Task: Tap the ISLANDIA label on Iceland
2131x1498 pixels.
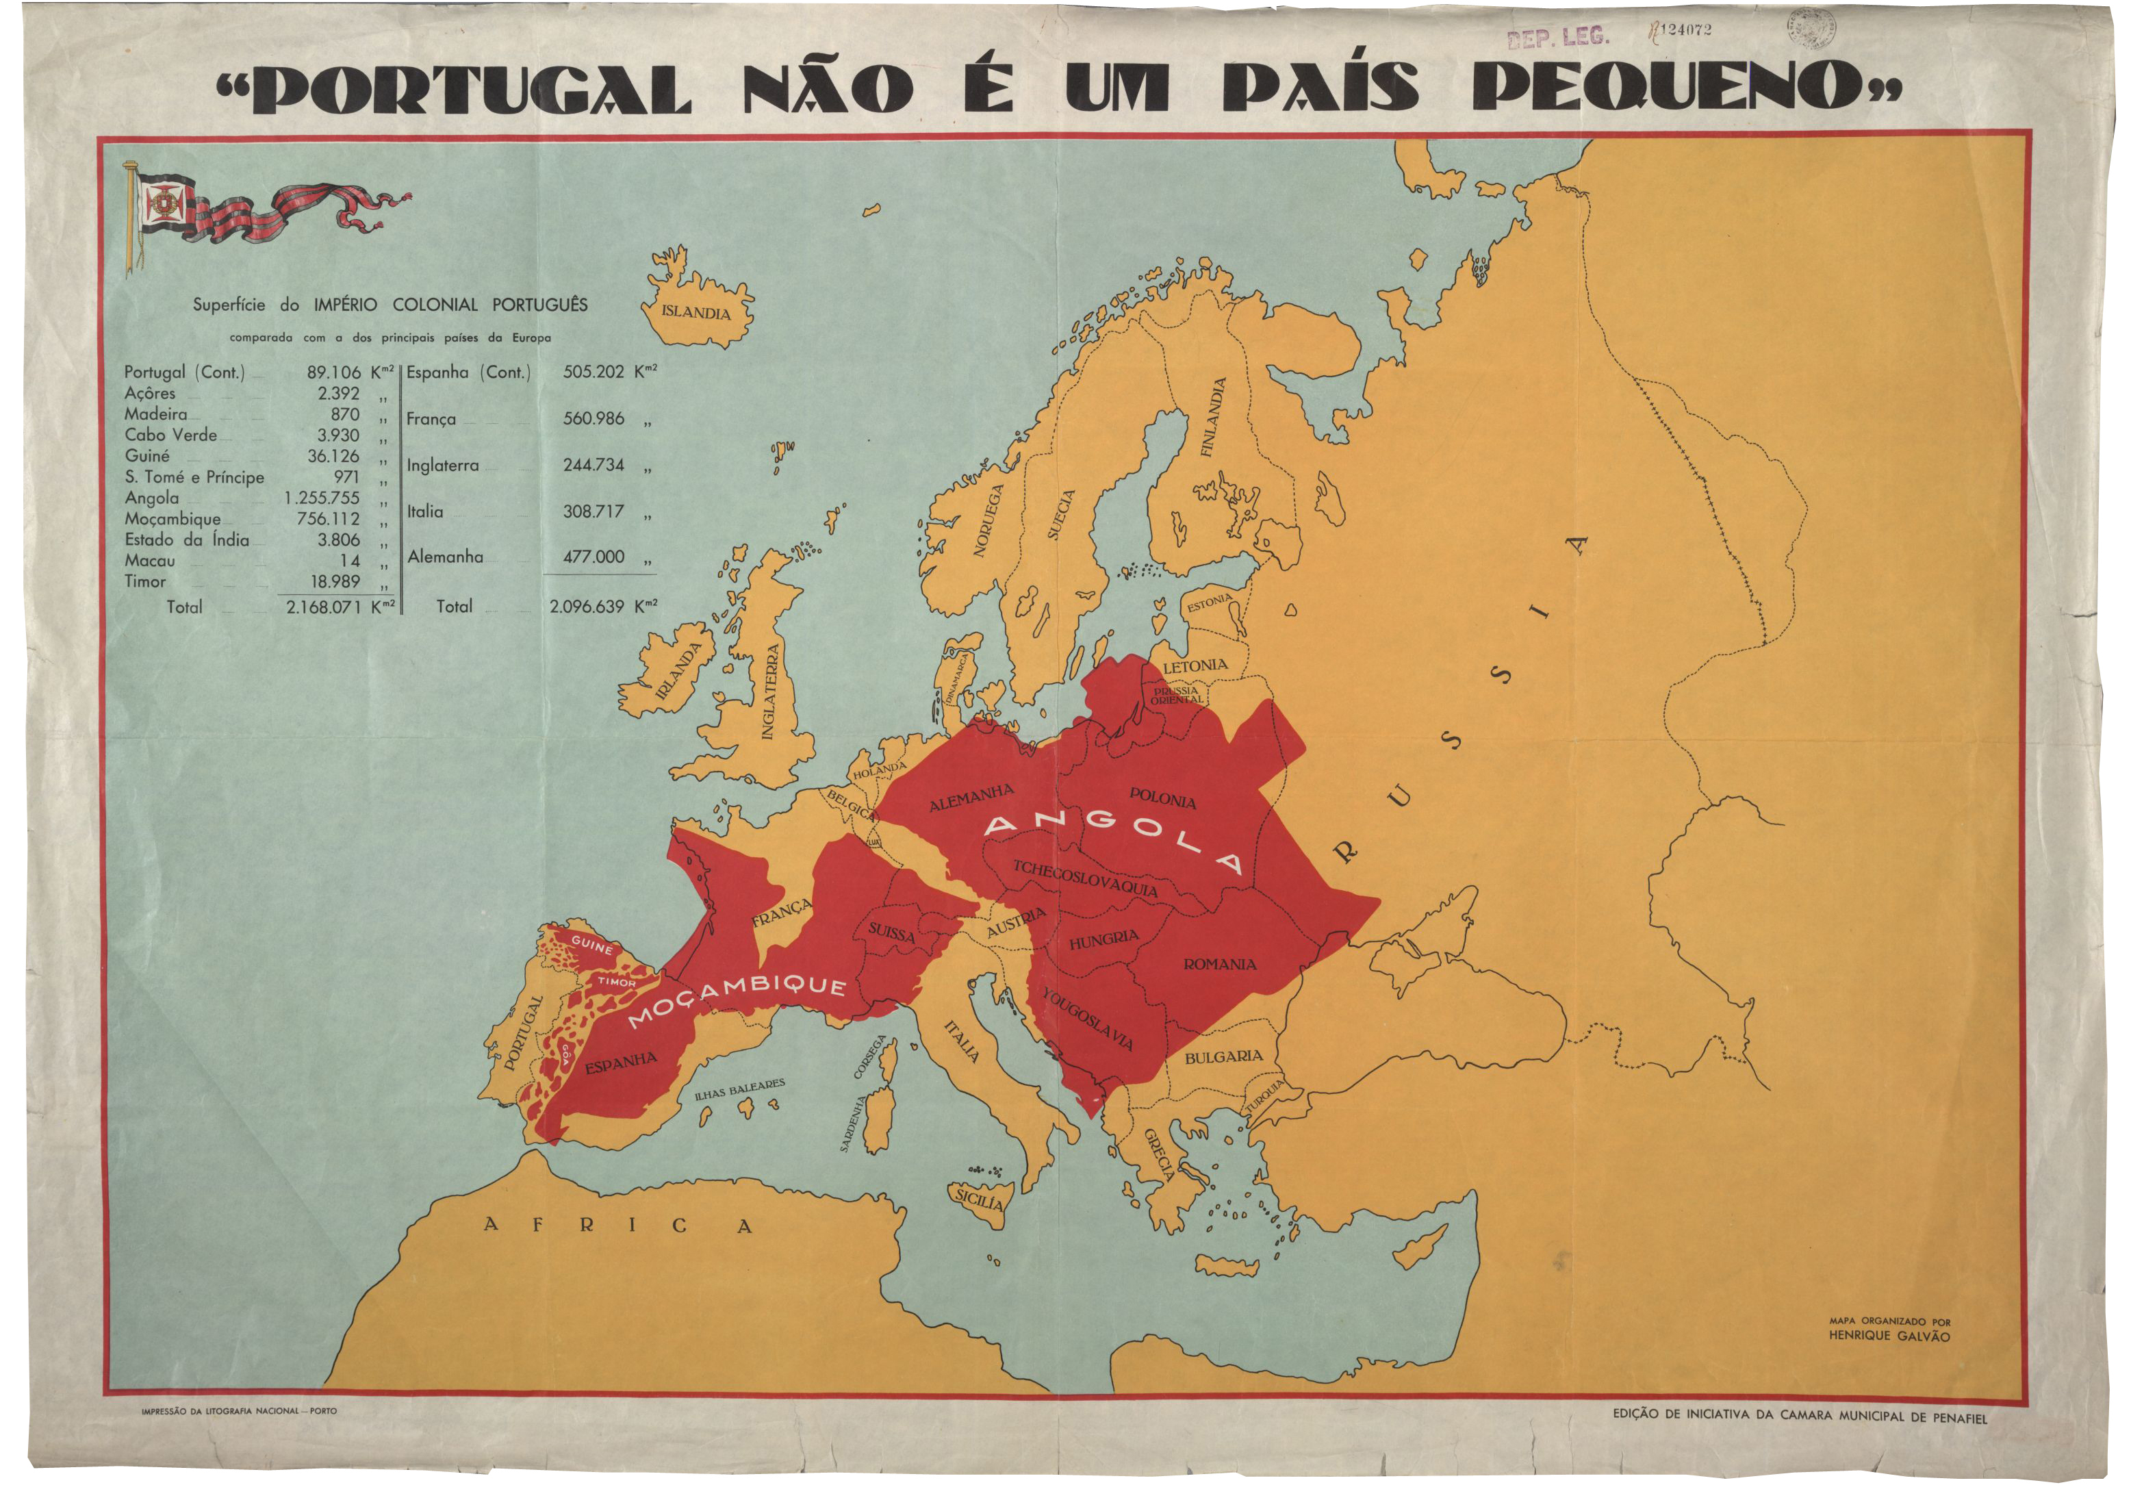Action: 696,312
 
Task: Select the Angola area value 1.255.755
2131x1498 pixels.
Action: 322,498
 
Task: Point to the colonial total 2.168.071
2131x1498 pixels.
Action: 323,607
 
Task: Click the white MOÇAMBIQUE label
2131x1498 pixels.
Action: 738,1000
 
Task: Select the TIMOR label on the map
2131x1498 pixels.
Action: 616,982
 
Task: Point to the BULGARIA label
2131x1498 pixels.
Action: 1223,1057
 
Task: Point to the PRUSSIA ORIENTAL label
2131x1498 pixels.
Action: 1176,695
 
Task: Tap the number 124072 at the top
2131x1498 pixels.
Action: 1685,29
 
